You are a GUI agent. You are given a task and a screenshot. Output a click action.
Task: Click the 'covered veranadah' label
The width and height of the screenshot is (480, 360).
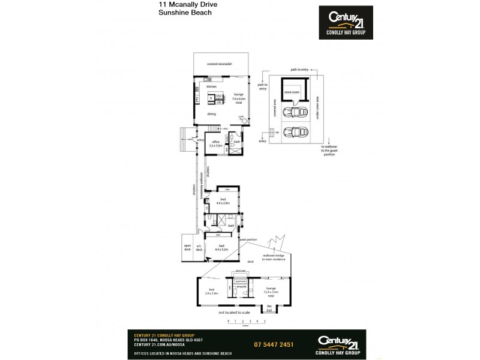pyautogui.click(x=219, y=63)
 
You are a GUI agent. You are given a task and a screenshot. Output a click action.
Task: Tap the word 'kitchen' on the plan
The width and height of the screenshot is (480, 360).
pyautogui.click(x=211, y=87)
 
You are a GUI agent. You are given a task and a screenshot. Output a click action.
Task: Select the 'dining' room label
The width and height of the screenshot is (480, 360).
pyautogui.click(x=211, y=114)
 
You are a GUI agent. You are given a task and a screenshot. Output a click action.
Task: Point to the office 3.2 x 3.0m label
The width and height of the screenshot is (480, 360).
pyautogui.click(x=215, y=144)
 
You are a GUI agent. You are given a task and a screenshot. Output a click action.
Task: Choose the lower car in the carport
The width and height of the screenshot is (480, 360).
pyautogui.click(x=293, y=131)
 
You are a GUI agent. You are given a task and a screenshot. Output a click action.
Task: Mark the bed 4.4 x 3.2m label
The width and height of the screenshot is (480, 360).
pyautogui.click(x=222, y=247)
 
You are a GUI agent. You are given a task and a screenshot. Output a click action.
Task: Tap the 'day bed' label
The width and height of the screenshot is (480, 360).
pyautogui.click(x=269, y=308)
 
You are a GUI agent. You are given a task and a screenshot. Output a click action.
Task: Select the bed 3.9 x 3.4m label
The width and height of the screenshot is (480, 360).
pyautogui.click(x=211, y=292)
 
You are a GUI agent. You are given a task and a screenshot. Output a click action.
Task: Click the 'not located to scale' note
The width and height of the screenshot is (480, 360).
pyautogui.click(x=235, y=313)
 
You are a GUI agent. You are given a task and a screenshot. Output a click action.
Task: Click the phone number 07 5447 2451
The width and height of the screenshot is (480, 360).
pyautogui.click(x=275, y=344)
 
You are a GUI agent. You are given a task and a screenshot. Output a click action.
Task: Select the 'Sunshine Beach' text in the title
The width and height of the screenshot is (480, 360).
pyautogui.click(x=177, y=12)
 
